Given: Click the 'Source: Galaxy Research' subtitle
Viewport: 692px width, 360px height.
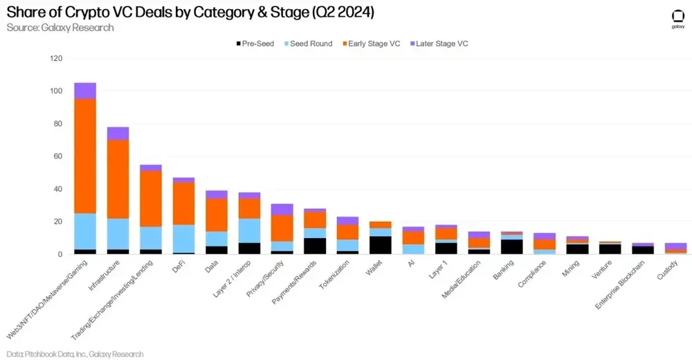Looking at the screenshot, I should pyautogui.click(x=60, y=28).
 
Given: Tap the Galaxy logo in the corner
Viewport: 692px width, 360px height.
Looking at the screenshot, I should pyautogui.click(x=677, y=19).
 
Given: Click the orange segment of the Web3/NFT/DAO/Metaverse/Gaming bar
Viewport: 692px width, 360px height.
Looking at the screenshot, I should pyautogui.click(x=85, y=156).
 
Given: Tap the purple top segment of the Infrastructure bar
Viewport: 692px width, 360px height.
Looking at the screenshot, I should pyautogui.click(x=118, y=134).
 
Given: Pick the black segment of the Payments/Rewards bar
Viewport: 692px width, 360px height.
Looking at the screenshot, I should pyautogui.click(x=315, y=246).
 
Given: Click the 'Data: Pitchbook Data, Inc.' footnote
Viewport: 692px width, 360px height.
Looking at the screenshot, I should pyautogui.click(x=75, y=354).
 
